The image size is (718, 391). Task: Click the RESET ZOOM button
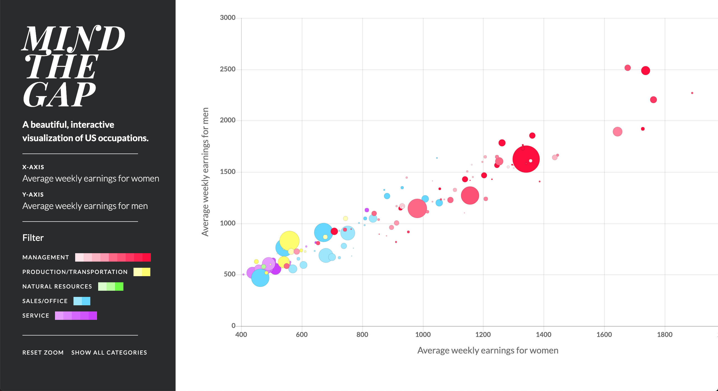[x=43, y=352]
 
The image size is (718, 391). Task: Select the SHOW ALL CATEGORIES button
[x=109, y=352]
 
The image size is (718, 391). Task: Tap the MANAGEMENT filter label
[x=46, y=257]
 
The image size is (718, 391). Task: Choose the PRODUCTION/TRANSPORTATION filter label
[x=75, y=272]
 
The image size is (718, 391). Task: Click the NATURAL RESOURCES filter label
[x=57, y=287]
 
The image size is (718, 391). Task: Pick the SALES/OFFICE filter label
[x=45, y=301]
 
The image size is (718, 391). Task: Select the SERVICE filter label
[x=36, y=316]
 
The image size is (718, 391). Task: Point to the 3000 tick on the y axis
[x=227, y=18]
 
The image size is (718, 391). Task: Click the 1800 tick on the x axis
[x=664, y=334]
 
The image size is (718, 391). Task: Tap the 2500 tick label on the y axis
[x=227, y=69]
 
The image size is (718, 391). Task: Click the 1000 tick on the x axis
[x=423, y=334]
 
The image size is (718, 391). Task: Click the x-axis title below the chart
[x=488, y=350]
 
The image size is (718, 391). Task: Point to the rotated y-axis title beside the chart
[x=205, y=172]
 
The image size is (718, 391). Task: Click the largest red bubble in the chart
[x=526, y=159]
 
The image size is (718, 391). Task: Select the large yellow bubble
[x=289, y=241]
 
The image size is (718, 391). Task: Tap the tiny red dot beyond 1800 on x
[x=692, y=93]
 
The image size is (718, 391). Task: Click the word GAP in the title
[x=59, y=95]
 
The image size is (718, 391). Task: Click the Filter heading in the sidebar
[x=33, y=238]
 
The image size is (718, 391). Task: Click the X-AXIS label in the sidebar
[x=33, y=167]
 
